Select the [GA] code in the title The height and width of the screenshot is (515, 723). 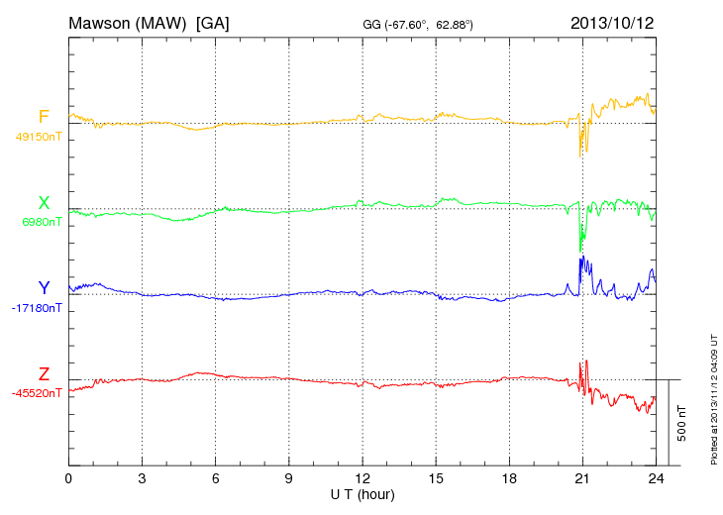[212, 22]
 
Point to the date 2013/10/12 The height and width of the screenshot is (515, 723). [612, 22]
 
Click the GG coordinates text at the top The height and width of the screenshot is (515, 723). [417, 23]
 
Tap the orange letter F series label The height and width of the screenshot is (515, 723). [44, 118]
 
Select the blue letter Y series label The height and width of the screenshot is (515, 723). [44, 288]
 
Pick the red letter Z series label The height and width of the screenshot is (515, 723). [44, 374]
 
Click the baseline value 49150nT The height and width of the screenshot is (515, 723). [39, 137]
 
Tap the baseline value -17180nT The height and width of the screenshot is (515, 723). [39, 308]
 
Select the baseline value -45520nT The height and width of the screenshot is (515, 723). [39, 393]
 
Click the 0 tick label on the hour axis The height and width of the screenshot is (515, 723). [68, 479]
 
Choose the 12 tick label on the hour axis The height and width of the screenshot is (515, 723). [362, 479]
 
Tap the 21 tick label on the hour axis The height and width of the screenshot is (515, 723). [582, 479]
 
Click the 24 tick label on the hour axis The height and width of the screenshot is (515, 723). [656, 479]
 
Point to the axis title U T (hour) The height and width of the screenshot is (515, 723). [362, 493]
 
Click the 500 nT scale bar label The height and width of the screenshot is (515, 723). [682, 423]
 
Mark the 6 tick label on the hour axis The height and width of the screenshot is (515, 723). [216, 479]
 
